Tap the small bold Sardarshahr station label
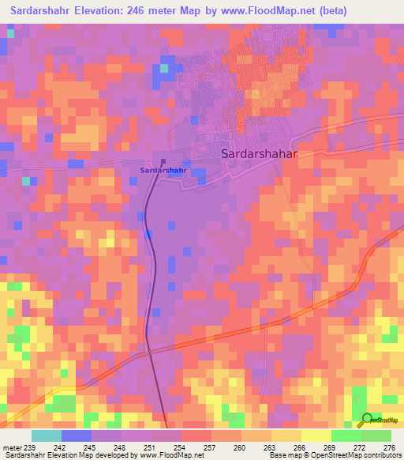click(x=163, y=170)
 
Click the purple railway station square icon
click(x=163, y=162)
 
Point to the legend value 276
click(x=389, y=447)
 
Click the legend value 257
click(x=209, y=447)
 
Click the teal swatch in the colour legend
click(x=47, y=435)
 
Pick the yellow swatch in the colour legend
click(x=316, y=435)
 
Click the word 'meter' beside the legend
click(x=13, y=447)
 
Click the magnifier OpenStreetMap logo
click(x=368, y=420)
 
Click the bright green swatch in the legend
click(x=346, y=435)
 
